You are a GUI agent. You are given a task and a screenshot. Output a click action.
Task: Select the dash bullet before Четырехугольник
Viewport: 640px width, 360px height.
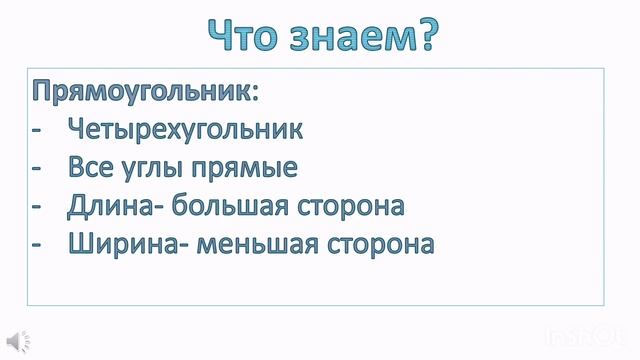37,130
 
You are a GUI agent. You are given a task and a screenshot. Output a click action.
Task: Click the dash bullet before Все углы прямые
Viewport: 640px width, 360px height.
37,168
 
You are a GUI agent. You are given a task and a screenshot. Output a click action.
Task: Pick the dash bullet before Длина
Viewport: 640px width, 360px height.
37,206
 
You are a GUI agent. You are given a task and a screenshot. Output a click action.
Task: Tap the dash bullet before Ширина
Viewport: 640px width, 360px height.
37,244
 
